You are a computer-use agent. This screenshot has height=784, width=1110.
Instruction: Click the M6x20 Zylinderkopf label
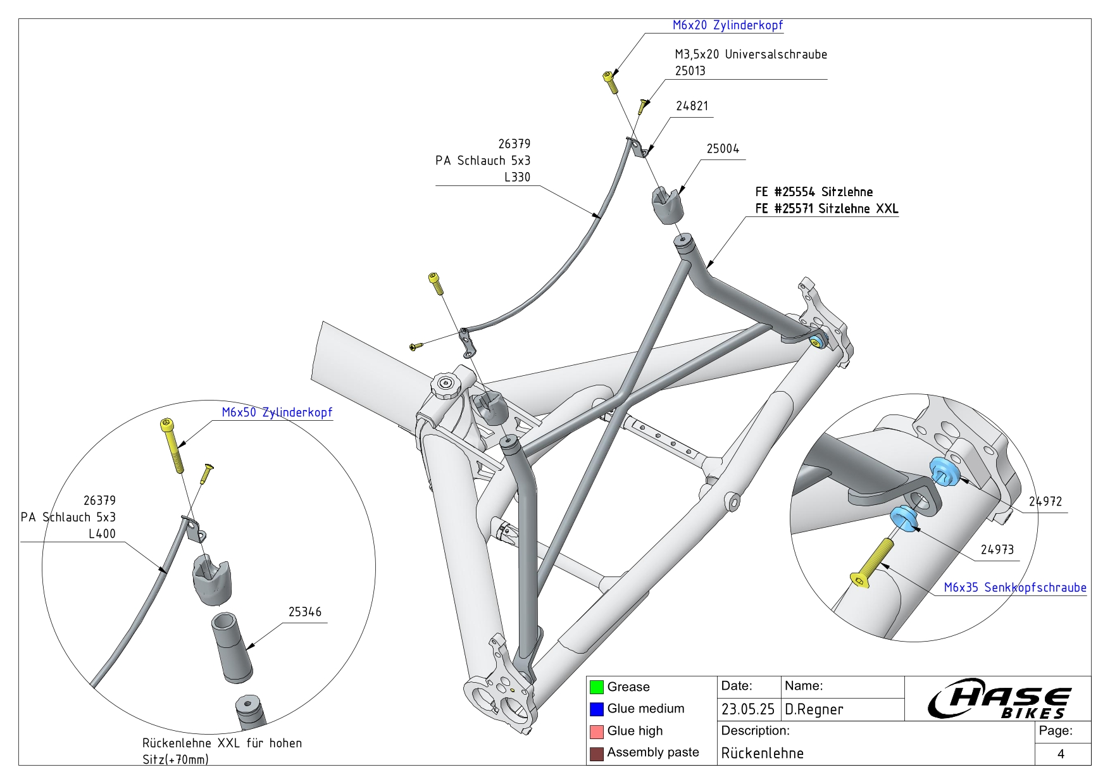(727, 25)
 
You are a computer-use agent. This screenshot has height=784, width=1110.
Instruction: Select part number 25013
(690, 71)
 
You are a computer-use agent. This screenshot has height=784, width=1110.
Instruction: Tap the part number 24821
(692, 106)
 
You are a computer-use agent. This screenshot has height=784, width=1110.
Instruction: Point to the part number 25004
(723, 149)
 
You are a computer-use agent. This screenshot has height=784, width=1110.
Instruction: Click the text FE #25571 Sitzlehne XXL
(826, 209)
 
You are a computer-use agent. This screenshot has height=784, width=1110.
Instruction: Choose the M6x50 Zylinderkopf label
(277, 413)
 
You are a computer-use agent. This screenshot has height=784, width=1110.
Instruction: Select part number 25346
(304, 612)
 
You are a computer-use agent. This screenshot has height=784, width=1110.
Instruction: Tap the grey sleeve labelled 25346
(231, 645)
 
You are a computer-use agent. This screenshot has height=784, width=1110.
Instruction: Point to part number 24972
(1045, 502)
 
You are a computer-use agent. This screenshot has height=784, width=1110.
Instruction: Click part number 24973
(997, 550)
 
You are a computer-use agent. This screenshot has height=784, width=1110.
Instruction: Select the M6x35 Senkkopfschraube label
(1014, 588)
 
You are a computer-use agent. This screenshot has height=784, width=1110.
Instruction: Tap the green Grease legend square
(596, 687)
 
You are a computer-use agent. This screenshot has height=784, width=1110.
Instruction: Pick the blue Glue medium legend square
(596, 709)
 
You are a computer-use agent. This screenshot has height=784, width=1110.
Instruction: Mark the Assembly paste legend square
(596, 754)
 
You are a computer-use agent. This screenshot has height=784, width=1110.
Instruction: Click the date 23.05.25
(747, 710)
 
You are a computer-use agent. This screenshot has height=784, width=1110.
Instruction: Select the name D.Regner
(814, 710)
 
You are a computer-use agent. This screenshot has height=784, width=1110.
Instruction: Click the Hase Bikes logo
(998, 699)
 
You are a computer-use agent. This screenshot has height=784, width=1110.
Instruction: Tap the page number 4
(1061, 754)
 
